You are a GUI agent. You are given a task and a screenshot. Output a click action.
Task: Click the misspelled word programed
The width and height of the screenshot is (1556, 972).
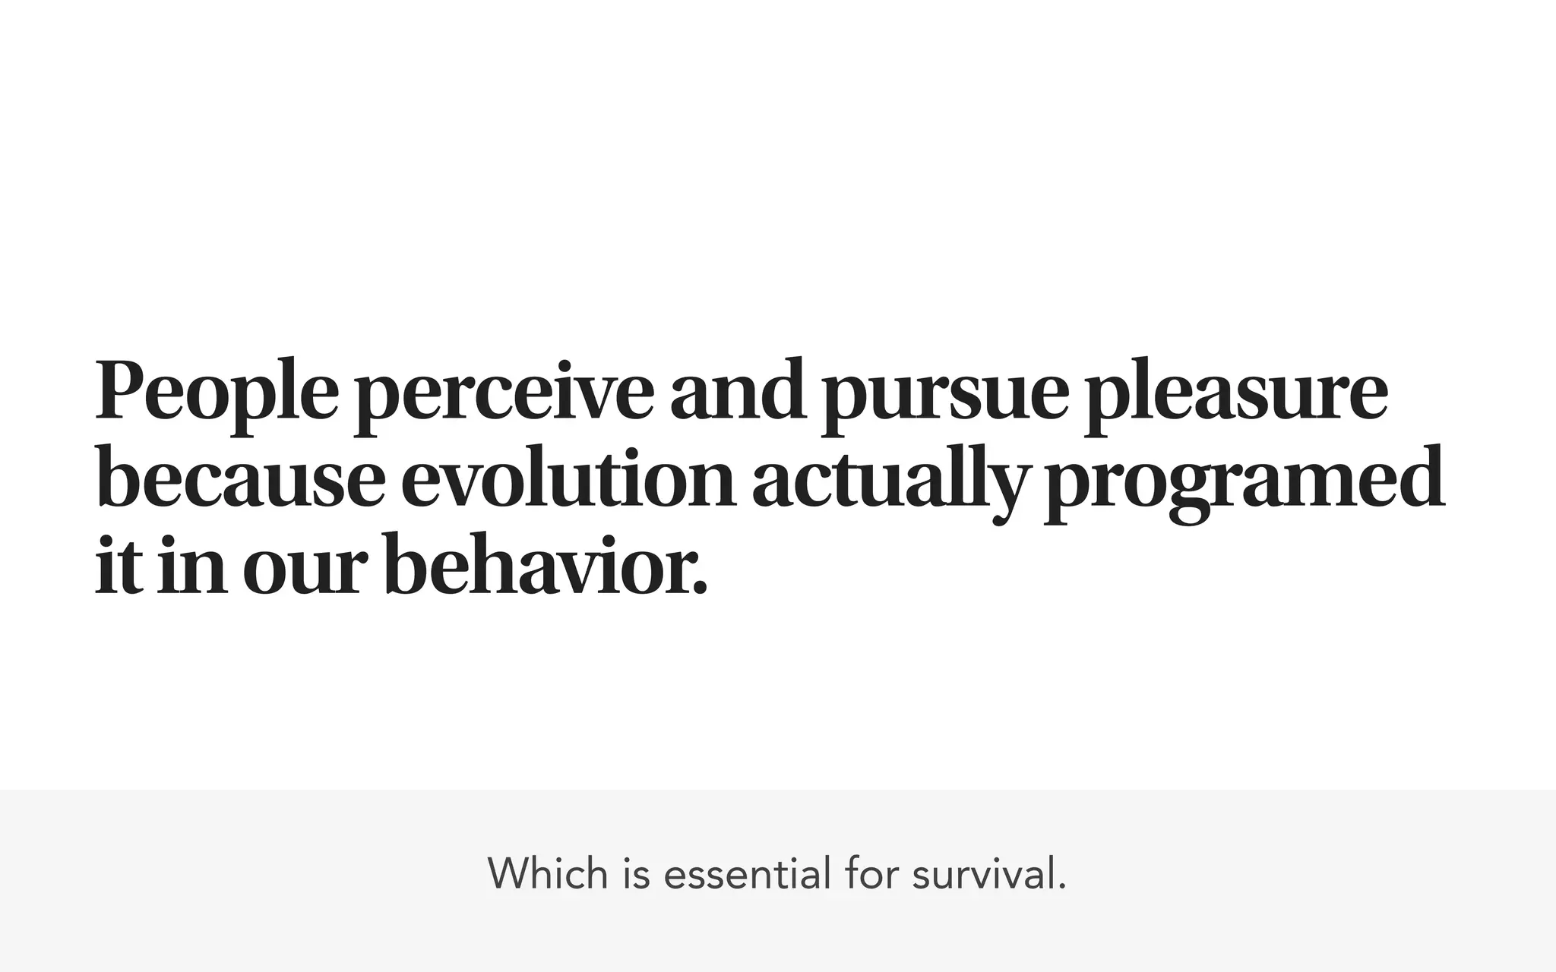pos(1244,483)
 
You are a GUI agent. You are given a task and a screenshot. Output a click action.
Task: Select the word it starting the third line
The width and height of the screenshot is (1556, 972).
pos(119,566)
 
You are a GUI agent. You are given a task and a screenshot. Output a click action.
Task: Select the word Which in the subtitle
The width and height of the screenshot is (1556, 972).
pos(548,873)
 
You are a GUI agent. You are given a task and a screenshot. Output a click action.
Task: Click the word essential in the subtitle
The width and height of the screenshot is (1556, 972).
pos(747,873)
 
